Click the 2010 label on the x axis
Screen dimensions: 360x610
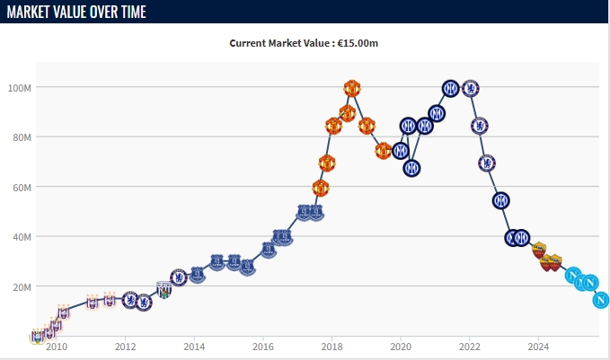click(56, 347)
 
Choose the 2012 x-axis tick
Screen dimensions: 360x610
click(125, 347)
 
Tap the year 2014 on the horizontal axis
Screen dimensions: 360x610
click(194, 347)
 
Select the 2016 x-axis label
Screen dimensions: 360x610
click(263, 347)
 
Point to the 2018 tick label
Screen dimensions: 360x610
click(332, 347)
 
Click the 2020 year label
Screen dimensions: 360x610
click(401, 347)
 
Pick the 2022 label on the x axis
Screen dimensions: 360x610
click(470, 347)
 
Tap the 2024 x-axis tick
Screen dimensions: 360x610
click(538, 347)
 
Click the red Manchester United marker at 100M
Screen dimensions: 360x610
click(352, 88)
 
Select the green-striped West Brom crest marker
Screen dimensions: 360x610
click(164, 290)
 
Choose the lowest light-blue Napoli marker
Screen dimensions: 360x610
click(601, 300)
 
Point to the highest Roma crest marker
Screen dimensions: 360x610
click(539, 250)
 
